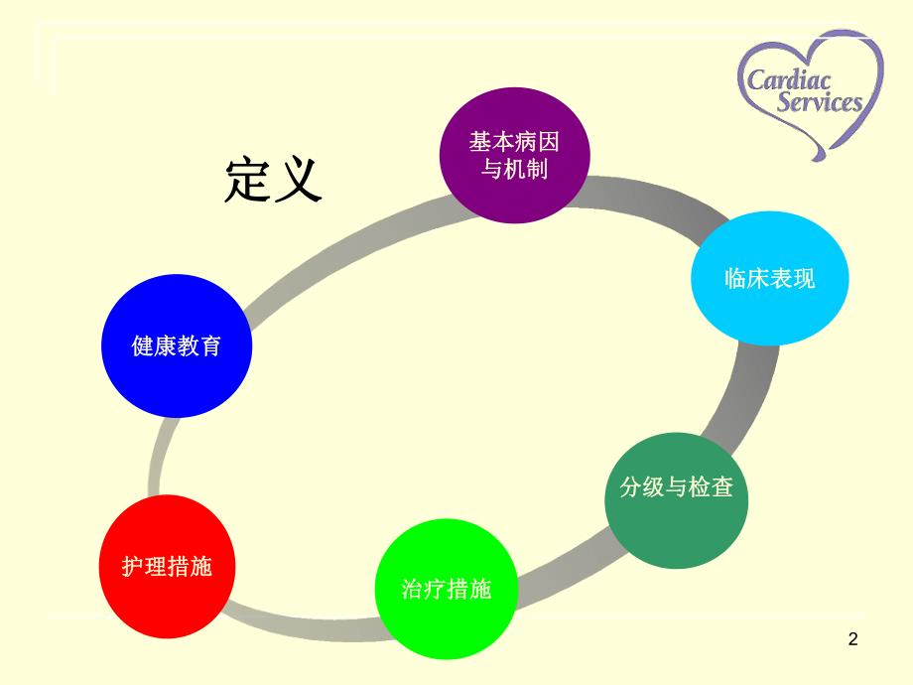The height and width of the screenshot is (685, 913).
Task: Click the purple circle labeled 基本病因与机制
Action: (x=514, y=155)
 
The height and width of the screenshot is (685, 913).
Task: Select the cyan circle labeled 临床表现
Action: (x=770, y=279)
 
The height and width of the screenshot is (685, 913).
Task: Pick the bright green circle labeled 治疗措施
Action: (x=447, y=589)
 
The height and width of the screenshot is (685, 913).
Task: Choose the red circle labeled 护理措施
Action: (x=167, y=566)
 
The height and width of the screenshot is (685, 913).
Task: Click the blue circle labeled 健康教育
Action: (x=177, y=347)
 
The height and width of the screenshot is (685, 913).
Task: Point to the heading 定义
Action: (x=274, y=180)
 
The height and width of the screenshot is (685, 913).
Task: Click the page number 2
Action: (x=852, y=640)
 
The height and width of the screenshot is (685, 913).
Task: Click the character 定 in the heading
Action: (x=247, y=180)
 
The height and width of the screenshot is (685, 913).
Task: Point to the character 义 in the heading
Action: (x=300, y=180)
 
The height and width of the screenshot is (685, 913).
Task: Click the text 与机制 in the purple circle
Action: (x=514, y=169)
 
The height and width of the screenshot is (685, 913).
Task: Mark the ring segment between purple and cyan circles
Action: (x=645, y=200)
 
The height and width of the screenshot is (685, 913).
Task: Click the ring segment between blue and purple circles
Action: (x=337, y=248)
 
